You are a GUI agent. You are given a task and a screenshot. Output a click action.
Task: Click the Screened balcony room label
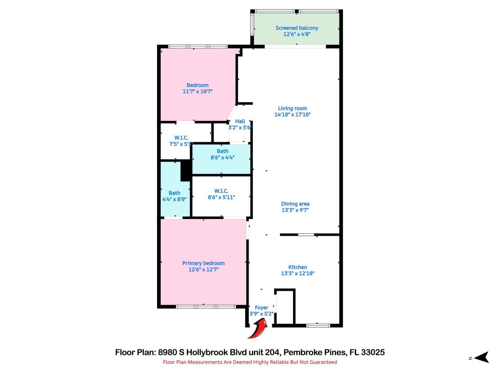point(297,28)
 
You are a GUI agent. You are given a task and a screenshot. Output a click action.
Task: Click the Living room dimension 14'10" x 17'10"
point(292,115)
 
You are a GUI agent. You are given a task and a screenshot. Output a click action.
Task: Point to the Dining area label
point(295,204)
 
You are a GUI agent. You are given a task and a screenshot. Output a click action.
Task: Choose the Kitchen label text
point(297,267)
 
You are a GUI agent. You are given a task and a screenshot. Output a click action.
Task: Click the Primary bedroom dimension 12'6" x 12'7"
point(203,270)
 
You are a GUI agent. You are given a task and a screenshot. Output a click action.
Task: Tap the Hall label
point(240,121)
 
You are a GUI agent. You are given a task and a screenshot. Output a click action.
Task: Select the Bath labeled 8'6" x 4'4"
point(222,154)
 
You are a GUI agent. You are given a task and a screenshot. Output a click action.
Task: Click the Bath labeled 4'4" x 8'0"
point(174,196)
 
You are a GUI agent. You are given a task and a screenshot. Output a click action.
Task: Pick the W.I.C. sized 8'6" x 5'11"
point(221,194)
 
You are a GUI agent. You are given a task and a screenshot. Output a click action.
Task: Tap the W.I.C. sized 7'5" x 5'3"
point(181,141)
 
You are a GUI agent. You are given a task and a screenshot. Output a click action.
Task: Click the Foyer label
point(261,308)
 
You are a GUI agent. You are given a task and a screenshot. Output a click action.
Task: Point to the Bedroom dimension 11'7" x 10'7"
point(197,91)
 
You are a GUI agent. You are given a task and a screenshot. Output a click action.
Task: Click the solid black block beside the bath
point(186,171)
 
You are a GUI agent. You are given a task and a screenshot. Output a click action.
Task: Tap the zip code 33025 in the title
point(373,352)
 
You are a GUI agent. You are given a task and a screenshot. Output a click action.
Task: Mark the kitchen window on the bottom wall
point(318,326)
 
